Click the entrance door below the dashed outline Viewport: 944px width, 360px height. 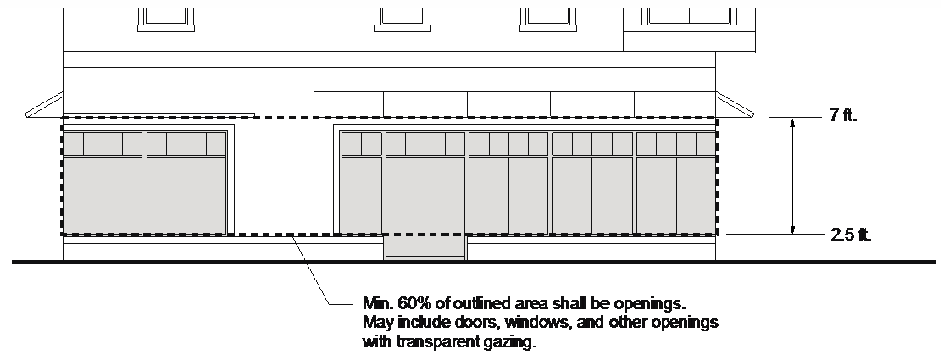coord(425,247)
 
